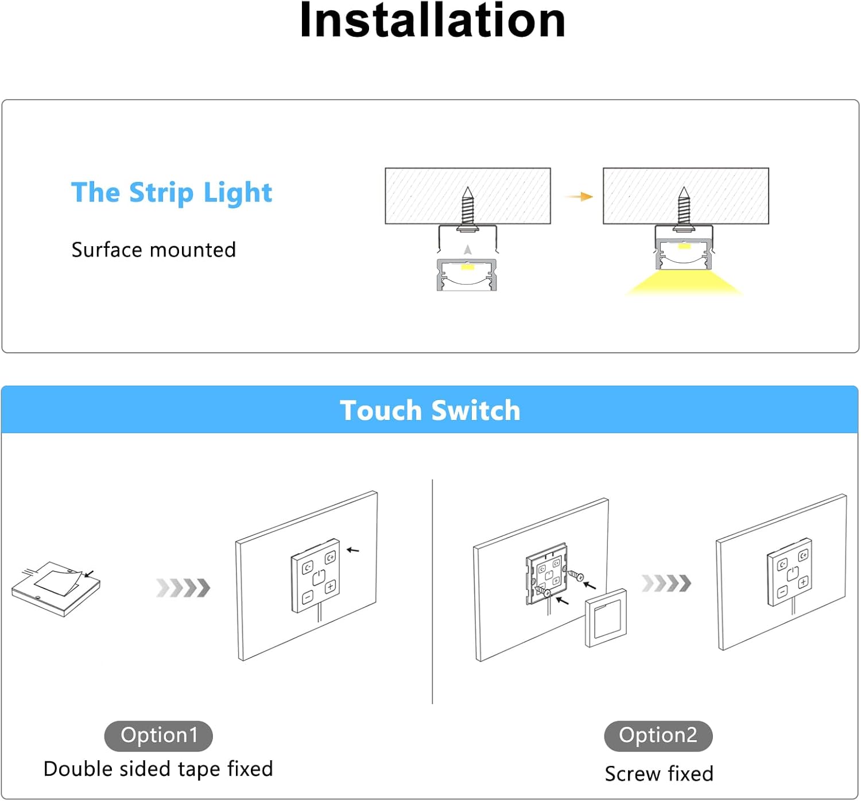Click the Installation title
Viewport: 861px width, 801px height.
(432, 21)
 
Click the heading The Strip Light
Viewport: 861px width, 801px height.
(171, 193)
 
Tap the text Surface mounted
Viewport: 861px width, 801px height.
(153, 250)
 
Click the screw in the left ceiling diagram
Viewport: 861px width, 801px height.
(468, 208)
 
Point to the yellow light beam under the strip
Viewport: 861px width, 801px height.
(683, 283)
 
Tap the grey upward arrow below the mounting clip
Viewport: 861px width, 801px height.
(468, 250)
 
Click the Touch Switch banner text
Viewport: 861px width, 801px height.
(430, 410)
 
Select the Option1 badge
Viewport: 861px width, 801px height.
(158, 736)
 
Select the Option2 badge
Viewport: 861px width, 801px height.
(658, 736)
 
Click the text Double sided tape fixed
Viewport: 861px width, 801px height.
(158, 769)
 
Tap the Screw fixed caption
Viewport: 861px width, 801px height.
(659, 774)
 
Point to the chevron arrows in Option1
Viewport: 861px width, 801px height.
(183, 588)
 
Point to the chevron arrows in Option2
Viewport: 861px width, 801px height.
(666, 583)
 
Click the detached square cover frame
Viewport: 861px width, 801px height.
(606, 618)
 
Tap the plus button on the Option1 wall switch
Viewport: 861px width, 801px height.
(330, 587)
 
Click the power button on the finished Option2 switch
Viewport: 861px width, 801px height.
(793, 573)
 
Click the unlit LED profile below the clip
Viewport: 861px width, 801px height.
(467, 274)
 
